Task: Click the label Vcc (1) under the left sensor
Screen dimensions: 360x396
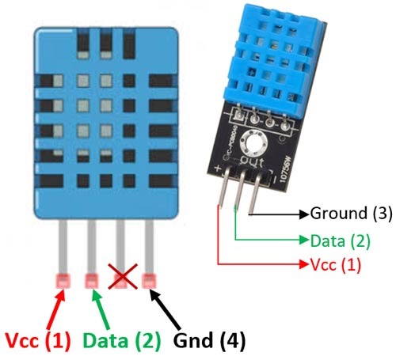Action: (x=36, y=341)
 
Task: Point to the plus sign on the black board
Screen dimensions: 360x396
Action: (x=218, y=169)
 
